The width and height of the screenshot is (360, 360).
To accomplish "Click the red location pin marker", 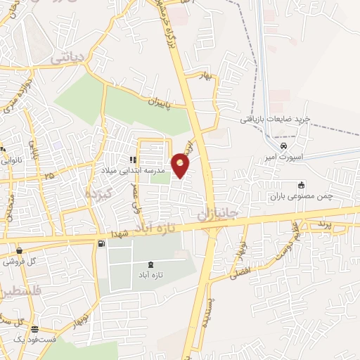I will click(181, 165).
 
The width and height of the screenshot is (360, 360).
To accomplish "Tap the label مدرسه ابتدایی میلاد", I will click(141, 171).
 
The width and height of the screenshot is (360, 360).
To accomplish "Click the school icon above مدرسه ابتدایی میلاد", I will click(133, 160).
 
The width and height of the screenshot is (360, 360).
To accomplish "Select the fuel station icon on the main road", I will click(103, 244).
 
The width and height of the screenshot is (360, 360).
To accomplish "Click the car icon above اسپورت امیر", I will click(283, 146).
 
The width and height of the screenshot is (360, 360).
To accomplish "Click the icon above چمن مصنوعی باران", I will click(302, 185).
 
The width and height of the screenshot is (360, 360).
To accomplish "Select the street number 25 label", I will click(48, 175).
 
